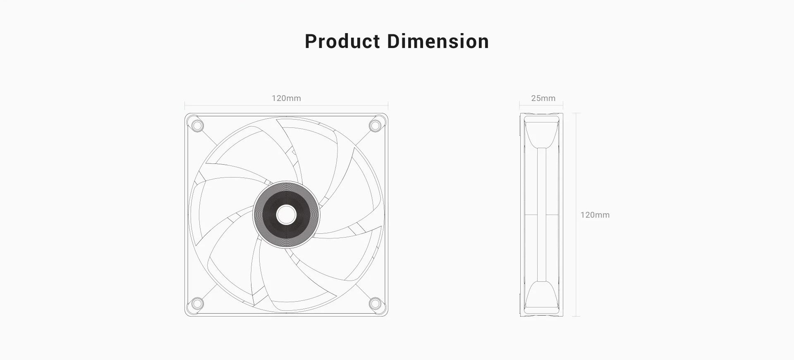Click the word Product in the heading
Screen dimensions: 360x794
(x=342, y=41)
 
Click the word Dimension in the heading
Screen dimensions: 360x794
(x=438, y=41)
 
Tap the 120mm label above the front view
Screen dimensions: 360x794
(x=286, y=98)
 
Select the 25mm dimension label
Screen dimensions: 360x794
(x=543, y=98)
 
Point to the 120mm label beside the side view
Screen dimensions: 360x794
(x=595, y=215)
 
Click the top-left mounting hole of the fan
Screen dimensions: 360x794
(x=198, y=125)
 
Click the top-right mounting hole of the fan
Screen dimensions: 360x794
(x=375, y=125)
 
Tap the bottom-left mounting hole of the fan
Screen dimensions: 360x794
(x=198, y=304)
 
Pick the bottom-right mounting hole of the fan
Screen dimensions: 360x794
(x=375, y=304)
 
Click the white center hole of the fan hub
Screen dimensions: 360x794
(x=286, y=215)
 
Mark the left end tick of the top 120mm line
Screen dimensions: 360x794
(x=185, y=105)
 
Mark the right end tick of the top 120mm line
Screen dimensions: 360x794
(x=388, y=105)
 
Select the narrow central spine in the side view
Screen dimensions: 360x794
(x=541, y=215)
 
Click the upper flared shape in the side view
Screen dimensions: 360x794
(x=541, y=132)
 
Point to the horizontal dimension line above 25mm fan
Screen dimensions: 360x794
(x=541, y=105)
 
